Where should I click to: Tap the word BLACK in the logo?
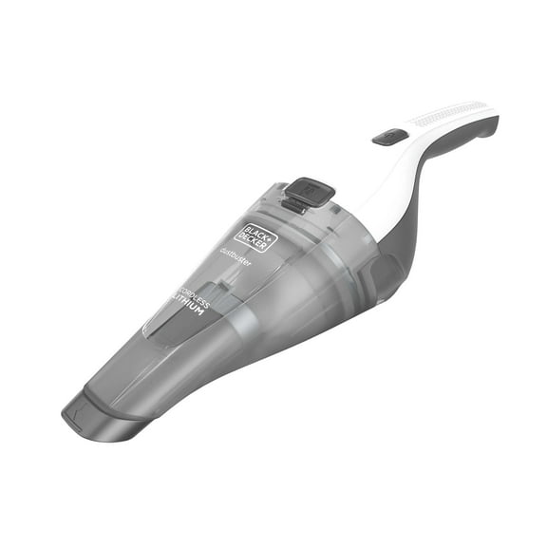[x=250, y=231]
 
